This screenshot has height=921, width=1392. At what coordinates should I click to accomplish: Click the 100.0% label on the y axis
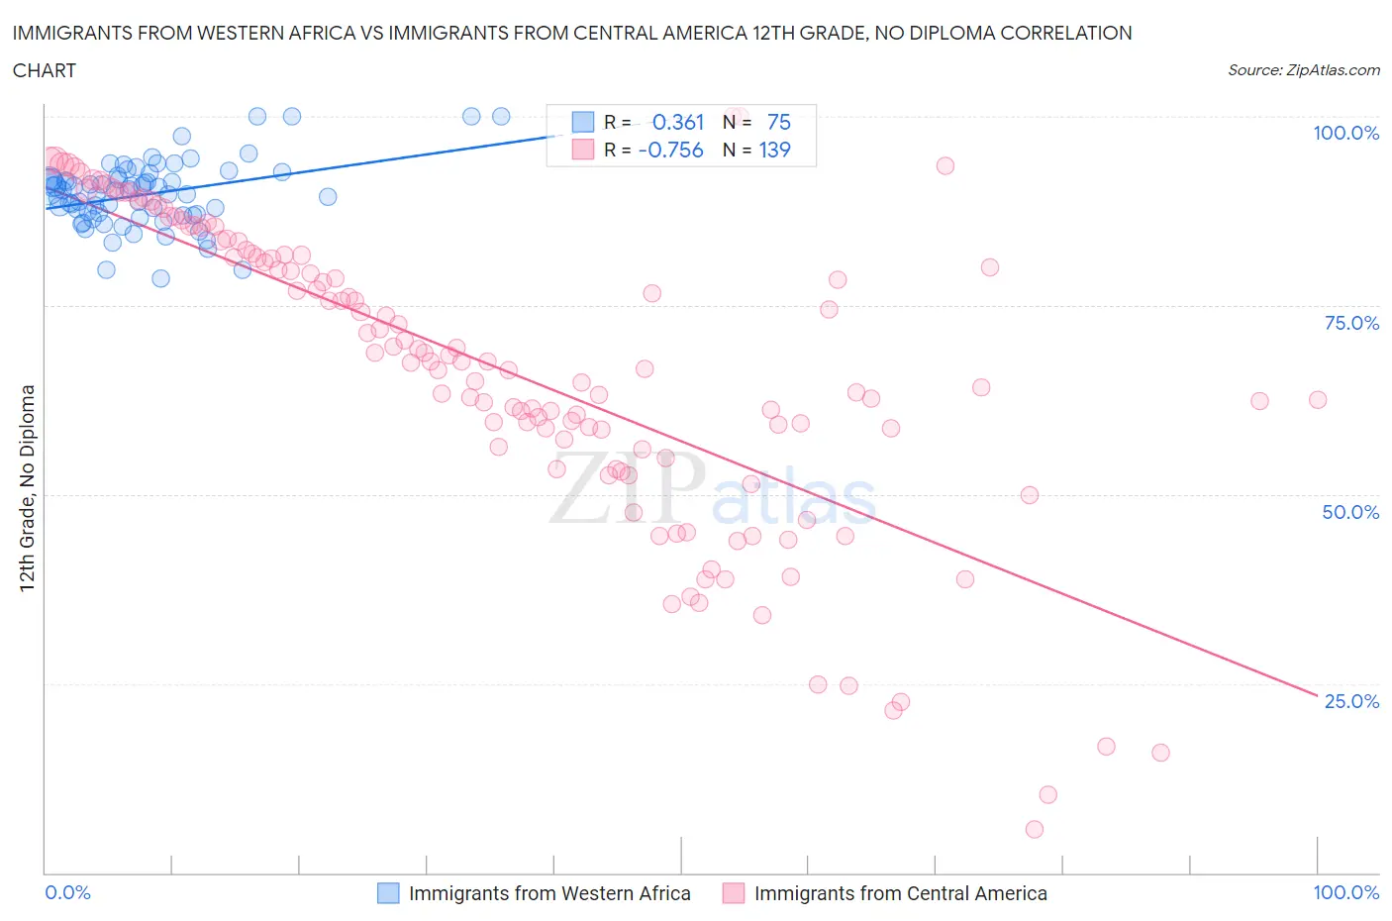(1345, 133)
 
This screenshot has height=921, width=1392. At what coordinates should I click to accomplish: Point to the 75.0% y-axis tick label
(1351, 323)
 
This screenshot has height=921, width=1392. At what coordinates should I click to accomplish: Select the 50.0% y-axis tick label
(1350, 512)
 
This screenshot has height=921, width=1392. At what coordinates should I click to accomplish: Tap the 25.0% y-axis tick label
(1351, 701)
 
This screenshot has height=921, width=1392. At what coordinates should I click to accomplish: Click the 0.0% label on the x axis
(67, 892)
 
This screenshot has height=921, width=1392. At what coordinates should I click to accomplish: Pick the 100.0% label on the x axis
(1345, 892)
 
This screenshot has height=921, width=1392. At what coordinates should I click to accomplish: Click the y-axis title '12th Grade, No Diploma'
(28, 487)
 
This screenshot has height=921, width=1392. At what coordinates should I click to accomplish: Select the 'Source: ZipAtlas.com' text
(1303, 70)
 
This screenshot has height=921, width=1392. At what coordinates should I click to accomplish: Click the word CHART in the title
(45, 70)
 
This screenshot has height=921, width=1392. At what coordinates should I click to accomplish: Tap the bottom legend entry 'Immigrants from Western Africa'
(549, 893)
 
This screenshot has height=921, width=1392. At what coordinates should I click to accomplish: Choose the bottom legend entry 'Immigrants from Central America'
(900, 893)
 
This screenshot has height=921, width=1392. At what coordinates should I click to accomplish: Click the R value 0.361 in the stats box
(678, 122)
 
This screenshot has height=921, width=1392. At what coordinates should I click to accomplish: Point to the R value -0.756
(671, 150)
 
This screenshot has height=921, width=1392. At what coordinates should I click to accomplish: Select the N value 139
(774, 150)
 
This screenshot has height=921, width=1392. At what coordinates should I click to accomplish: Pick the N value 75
(779, 122)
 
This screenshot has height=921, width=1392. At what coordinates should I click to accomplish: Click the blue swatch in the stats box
(583, 122)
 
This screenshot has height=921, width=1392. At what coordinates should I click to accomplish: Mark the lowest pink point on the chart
(1035, 829)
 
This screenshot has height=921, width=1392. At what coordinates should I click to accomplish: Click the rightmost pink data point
(1318, 400)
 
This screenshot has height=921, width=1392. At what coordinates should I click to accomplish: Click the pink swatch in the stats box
(583, 150)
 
